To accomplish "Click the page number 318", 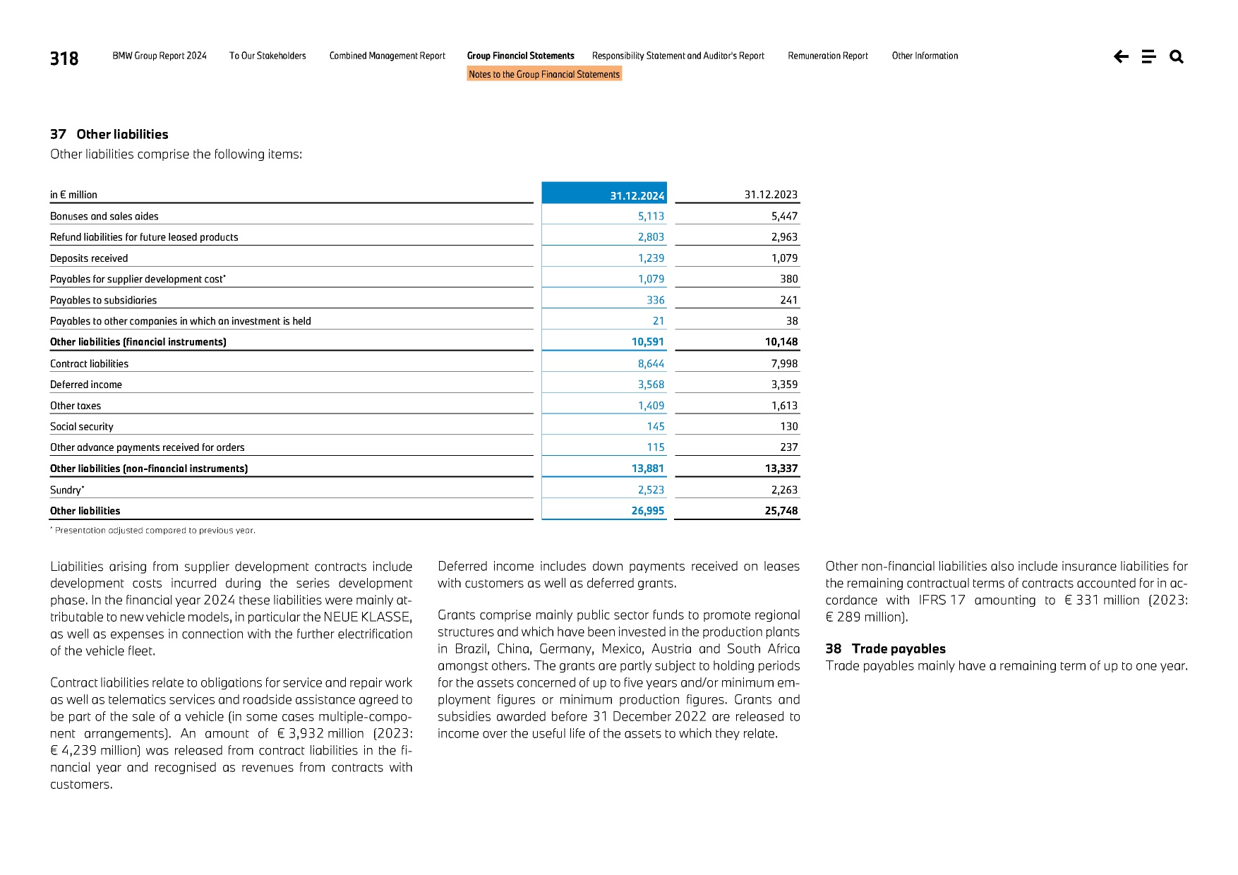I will click(64, 59).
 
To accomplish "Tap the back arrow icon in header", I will click(1121, 56).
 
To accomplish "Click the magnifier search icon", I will click(1176, 56).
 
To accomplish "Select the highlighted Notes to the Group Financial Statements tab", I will click(544, 74).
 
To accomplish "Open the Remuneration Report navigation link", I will click(827, 56).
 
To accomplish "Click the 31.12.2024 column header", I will click(637, 195).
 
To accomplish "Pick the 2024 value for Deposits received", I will click(651, 258).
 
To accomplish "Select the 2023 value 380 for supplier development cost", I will click(788, 279).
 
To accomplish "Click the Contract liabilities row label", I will click(89, 363).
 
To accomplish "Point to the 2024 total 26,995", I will click(647, 511).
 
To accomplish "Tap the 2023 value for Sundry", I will click(783, 490).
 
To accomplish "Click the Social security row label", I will click(81, 426).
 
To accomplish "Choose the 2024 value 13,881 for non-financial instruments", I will click(647, 469).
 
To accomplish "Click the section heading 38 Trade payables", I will click(885, 648).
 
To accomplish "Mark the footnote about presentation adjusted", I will click(153, 530).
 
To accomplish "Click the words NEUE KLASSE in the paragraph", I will click(367, 617).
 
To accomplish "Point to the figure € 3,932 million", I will click(320, 733).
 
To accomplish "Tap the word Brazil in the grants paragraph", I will click(471, 648).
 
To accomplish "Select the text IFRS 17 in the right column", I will click(942, 600).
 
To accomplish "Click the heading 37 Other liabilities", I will click(109, 134).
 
